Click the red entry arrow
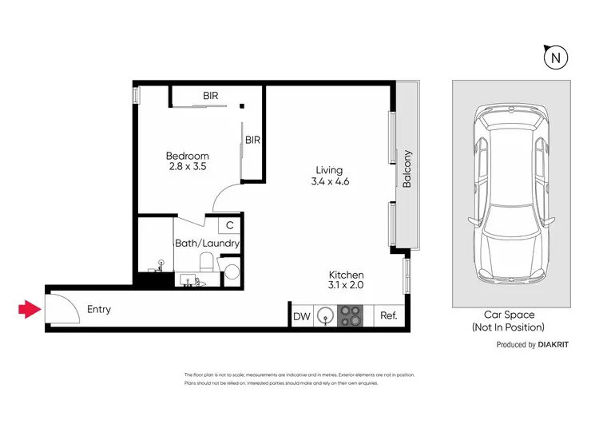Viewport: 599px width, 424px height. tap(30, 309)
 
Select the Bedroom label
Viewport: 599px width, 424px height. tap(188, 156)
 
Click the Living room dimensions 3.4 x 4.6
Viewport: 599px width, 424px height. tap(331, 181)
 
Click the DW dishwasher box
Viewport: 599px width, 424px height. tap(301, 317)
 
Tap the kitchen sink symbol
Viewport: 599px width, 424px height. tap(325, 316)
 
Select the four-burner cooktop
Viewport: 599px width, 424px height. tap(351, 316)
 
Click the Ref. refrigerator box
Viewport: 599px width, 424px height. tap(389, 316)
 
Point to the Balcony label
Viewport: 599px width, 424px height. tap(407, 168)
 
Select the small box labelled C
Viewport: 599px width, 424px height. tap(229, 225)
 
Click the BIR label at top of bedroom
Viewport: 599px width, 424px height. tap(210, 96)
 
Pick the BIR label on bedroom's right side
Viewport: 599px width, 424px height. tap(252, 140)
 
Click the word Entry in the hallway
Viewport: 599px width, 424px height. tap(100, 309)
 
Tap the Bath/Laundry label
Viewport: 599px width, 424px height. tap(207, 243)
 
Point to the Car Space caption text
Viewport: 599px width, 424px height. tap(510, 315)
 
